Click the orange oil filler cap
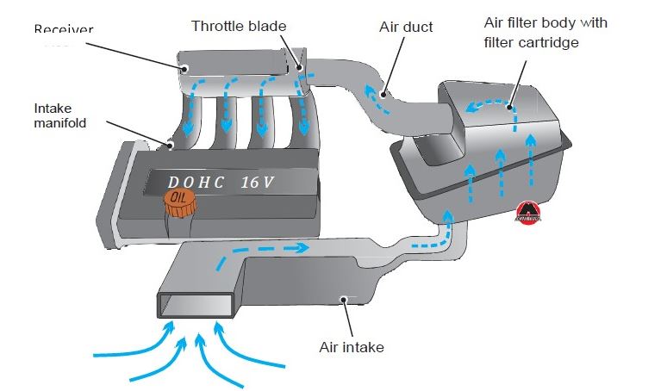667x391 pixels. click(178, 203)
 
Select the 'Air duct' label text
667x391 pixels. click(406, 27)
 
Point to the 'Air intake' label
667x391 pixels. click(351, 348)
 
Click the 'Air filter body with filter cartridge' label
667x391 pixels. click(544, 32)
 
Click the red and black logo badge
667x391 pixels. click(527, 212)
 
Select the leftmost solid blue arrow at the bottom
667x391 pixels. click(129, 348)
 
